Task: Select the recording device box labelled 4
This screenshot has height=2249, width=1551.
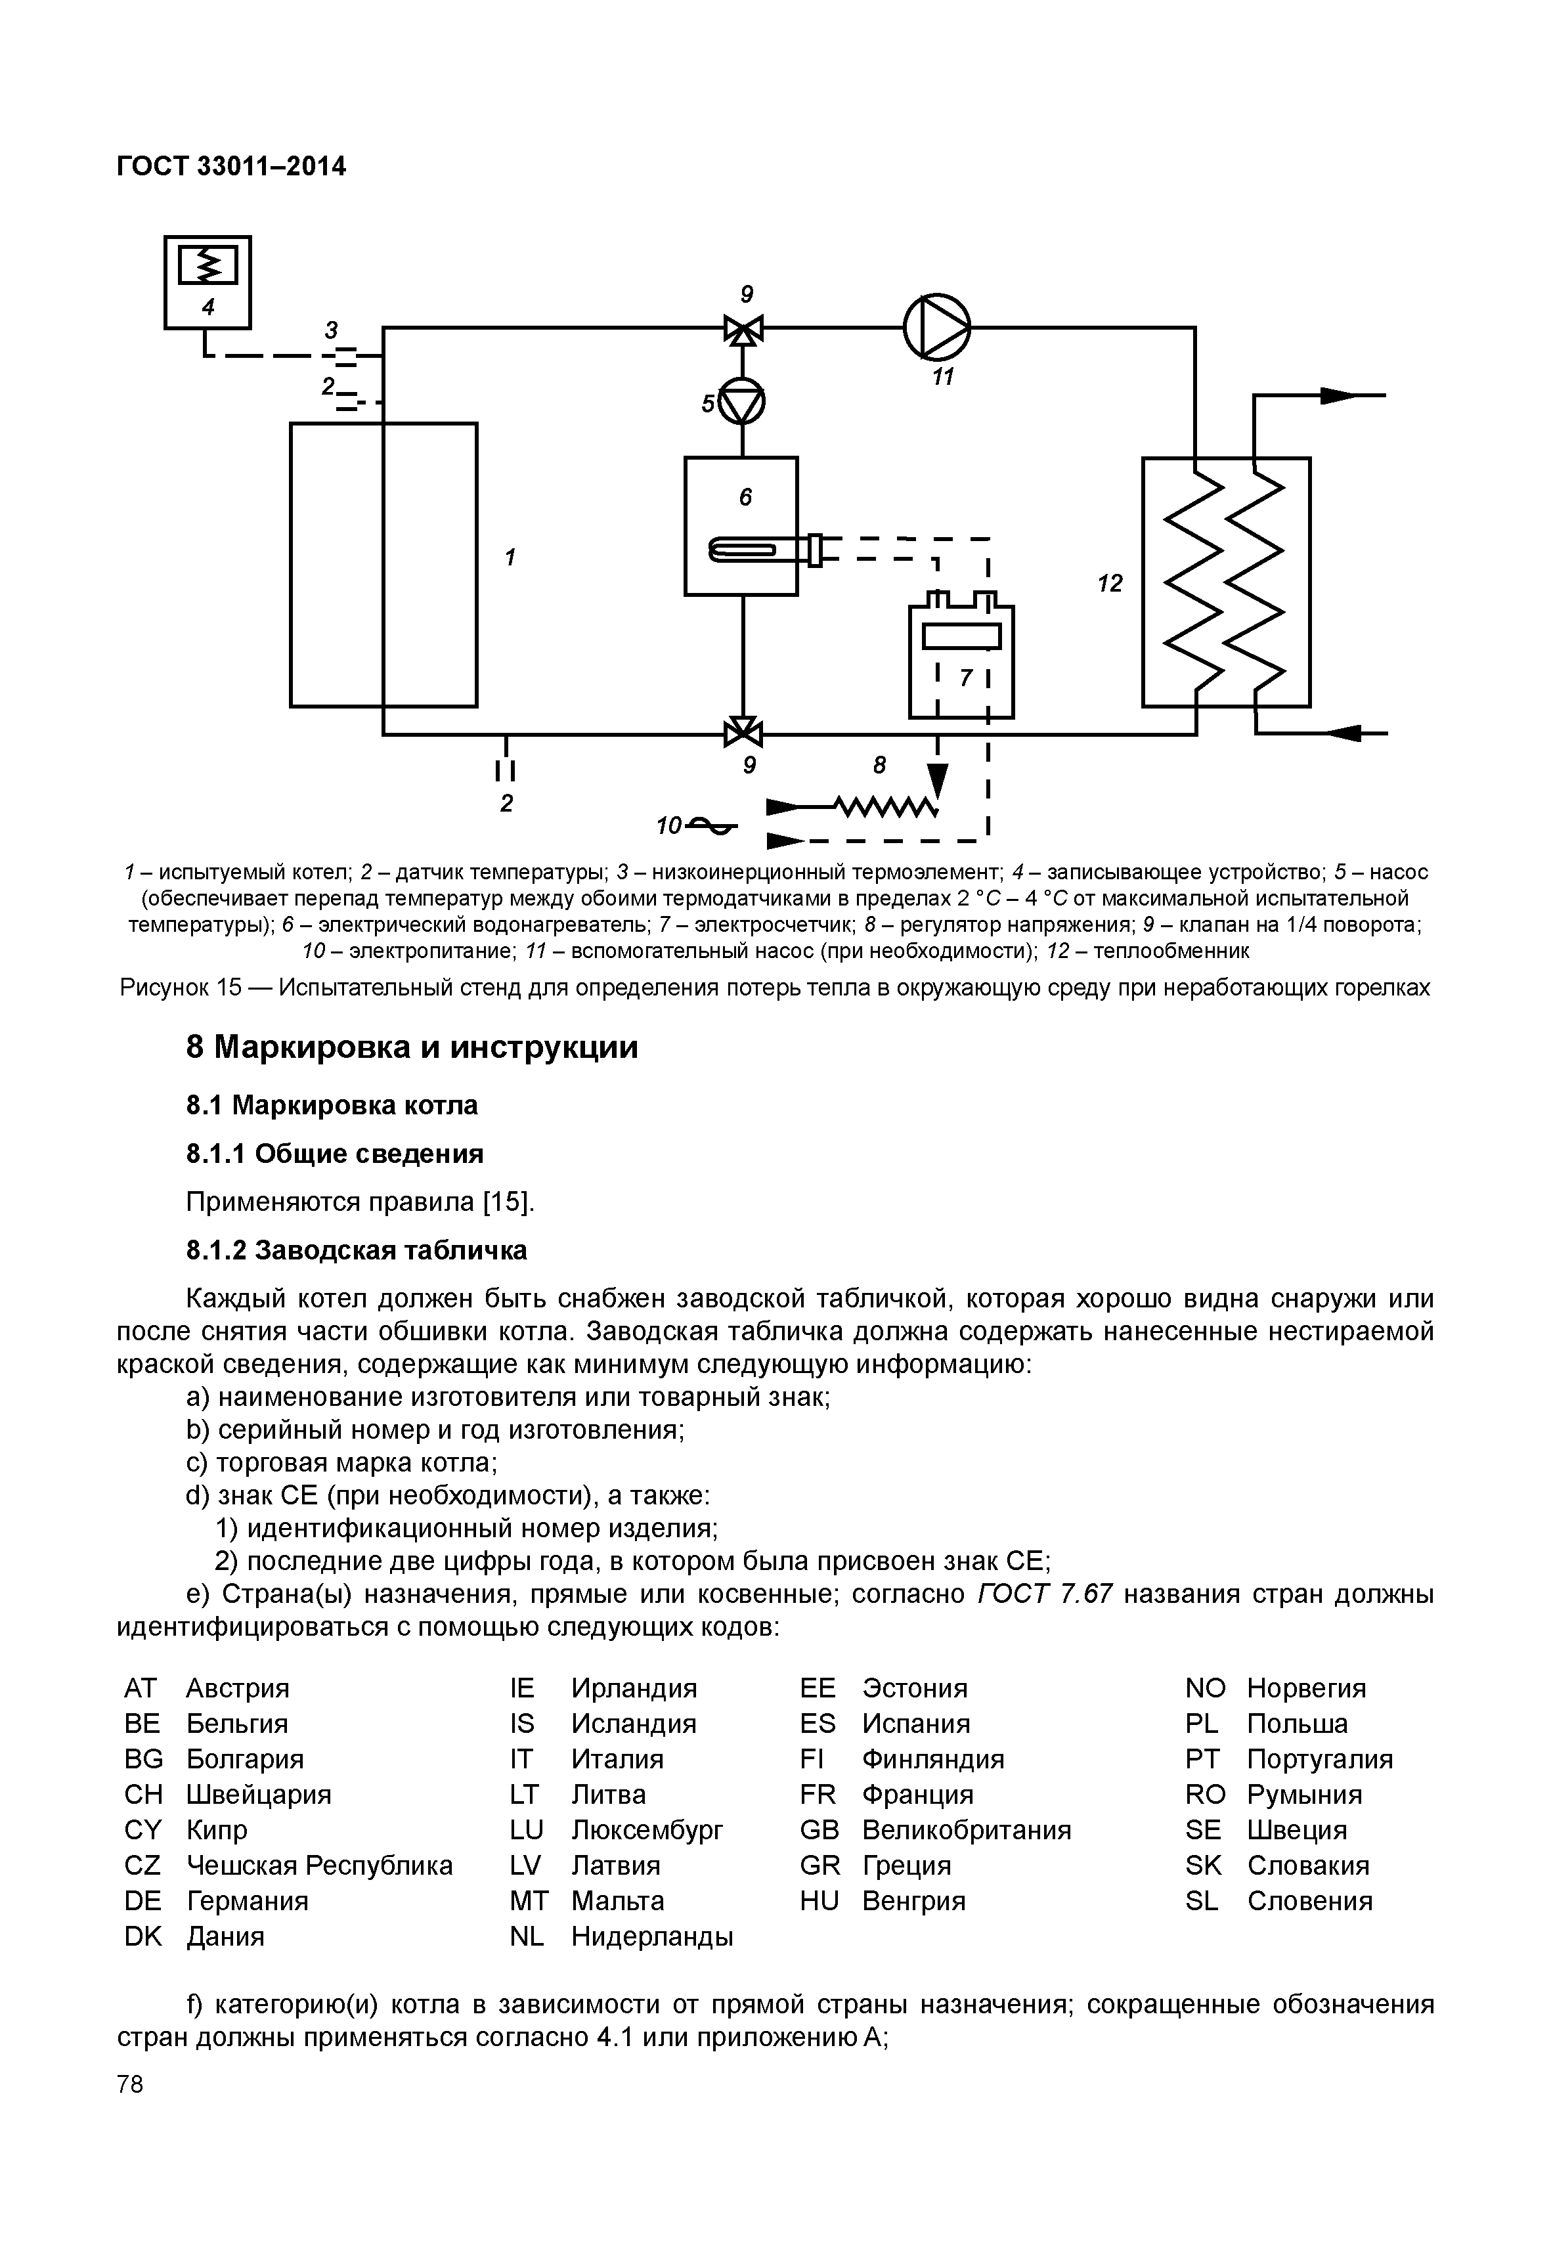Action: point(207,281)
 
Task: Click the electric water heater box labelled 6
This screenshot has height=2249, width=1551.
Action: point(741,525)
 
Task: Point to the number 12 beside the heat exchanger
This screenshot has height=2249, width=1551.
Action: point(1109,583)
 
